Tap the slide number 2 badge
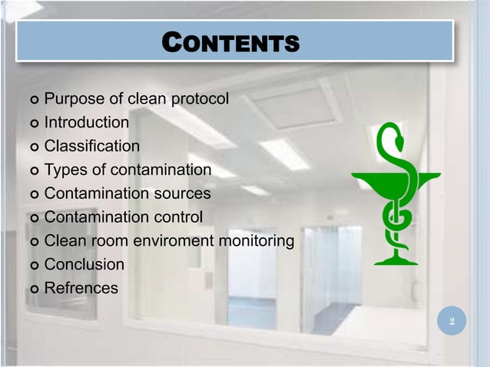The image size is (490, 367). point(452,321)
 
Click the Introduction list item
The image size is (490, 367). point(86,123)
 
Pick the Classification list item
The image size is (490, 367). point(91,146)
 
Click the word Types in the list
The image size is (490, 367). point(64,170)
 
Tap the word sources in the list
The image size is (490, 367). point(182,193)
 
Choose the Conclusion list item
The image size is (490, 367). point(84,265)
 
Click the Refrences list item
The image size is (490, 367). point(81,289)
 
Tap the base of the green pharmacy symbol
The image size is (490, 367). point(396,260)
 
